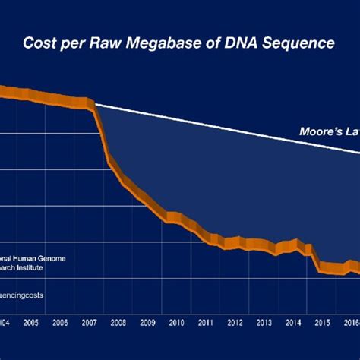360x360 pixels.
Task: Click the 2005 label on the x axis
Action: [31, 323]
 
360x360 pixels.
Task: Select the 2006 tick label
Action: [60, 323]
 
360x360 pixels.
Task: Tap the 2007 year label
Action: [89, 323]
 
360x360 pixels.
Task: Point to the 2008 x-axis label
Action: [118, 323]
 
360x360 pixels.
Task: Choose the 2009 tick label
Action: [147, 323]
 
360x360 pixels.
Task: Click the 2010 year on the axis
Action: [176, 323]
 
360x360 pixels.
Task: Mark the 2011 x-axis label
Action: [205, 323]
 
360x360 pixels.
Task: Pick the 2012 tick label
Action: [235, 323]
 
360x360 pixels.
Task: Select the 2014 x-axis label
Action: [292, 323]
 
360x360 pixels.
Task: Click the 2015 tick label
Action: [322, 323]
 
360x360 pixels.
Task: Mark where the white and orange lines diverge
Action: [93, 103]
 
